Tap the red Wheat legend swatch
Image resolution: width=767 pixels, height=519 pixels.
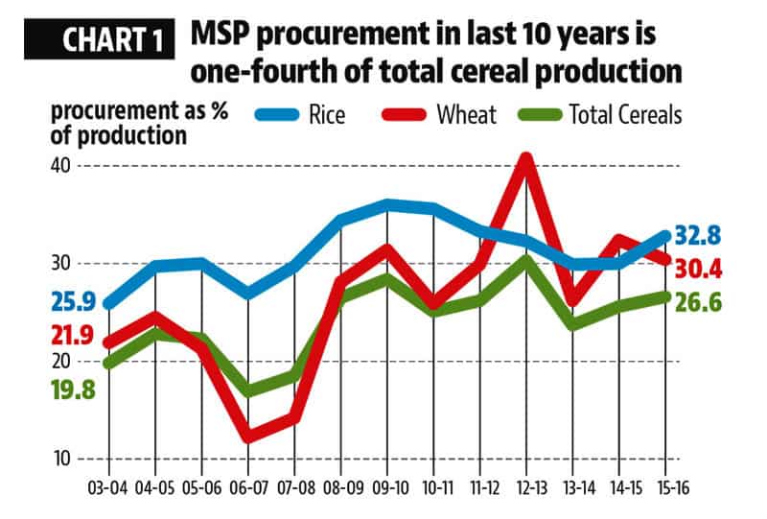coord(407,116)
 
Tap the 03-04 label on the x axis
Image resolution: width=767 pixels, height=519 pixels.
coord(107,488)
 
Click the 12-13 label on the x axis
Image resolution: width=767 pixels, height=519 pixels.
coord(526,488)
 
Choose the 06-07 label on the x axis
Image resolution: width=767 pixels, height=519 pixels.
coord(247,488)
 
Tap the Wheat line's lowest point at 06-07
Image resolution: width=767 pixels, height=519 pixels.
coord(248,436)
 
